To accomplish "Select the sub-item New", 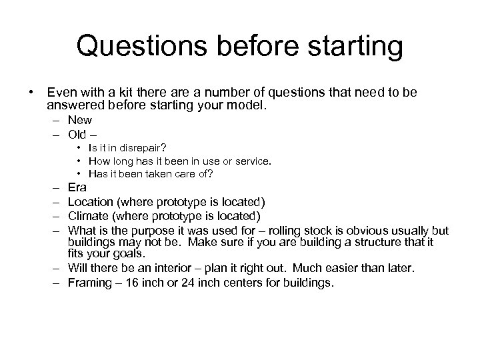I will coord(79,121).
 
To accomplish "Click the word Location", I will coord(91,202).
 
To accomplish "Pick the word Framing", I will coord(90,283).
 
